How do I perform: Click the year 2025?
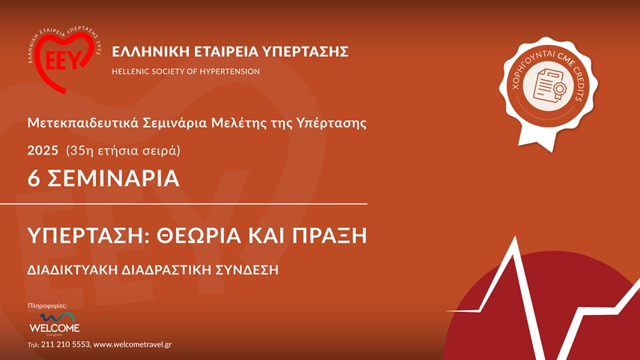[43, 150]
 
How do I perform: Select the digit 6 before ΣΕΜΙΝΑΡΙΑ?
[33, 178]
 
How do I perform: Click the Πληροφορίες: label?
[47, 306]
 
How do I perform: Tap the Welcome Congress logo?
[53, 323]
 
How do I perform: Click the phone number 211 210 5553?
[65, 344]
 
